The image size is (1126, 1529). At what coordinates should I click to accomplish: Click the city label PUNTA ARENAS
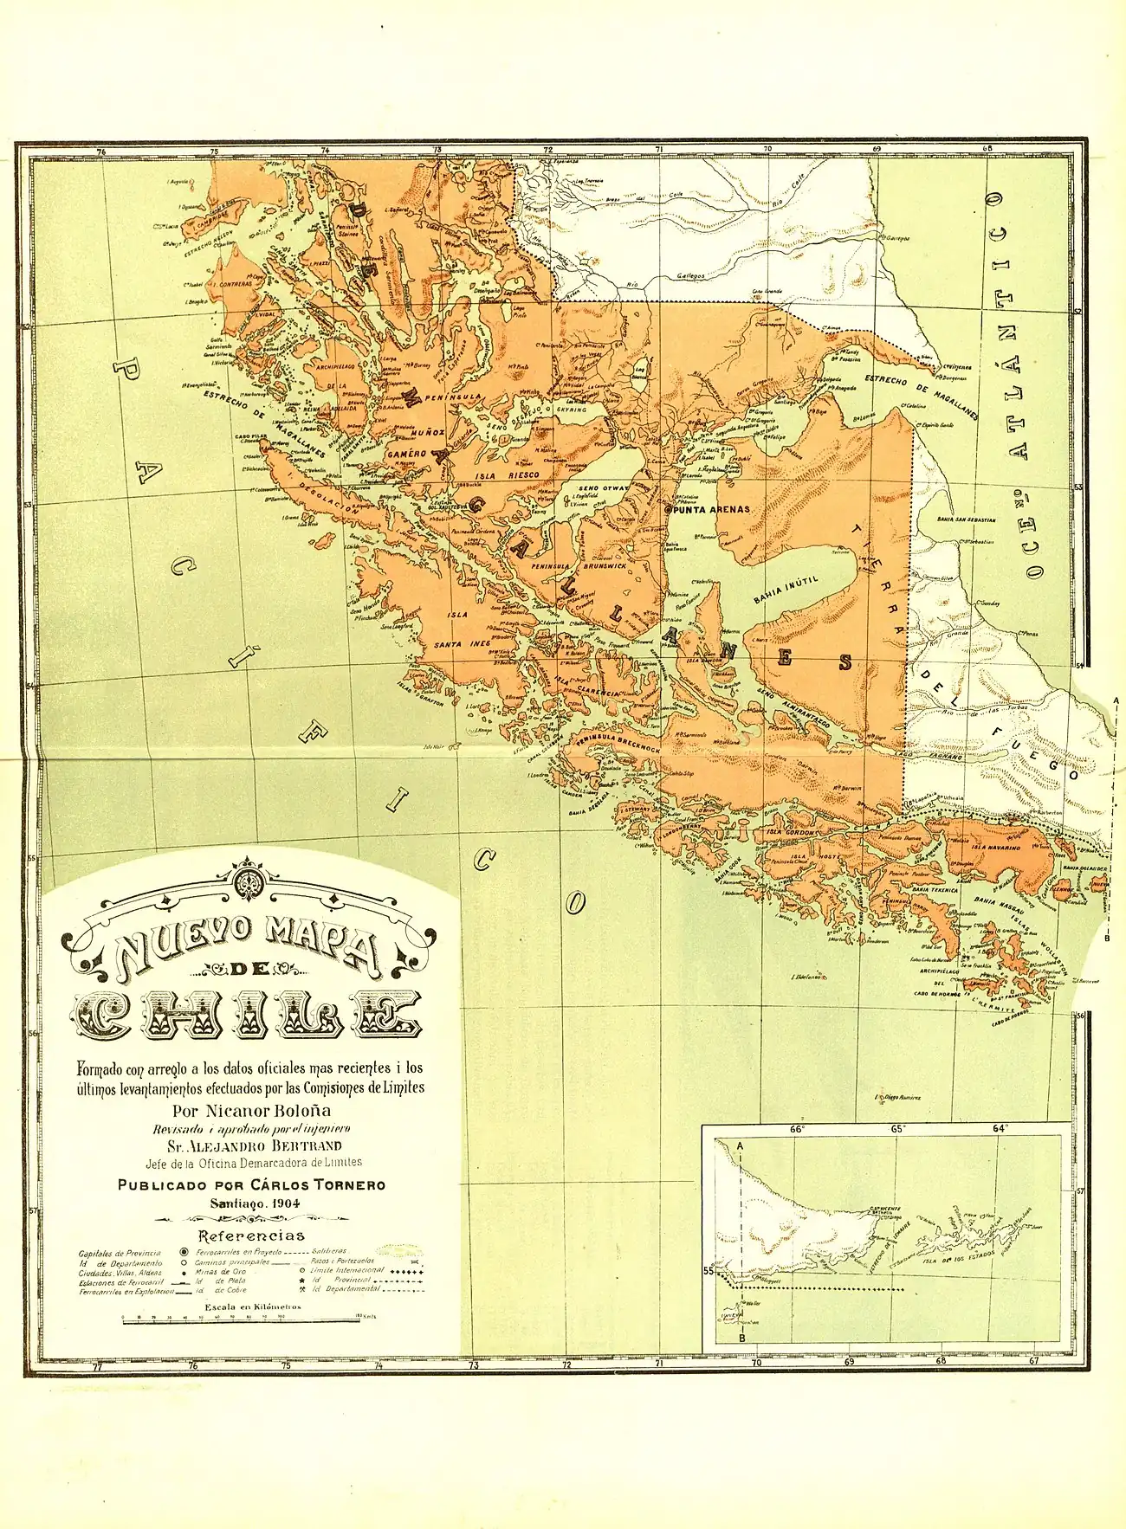(x=711, y=509)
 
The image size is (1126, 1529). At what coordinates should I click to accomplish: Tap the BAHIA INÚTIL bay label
(x=786, y=593)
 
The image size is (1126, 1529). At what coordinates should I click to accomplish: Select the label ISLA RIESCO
(x=510, y=475)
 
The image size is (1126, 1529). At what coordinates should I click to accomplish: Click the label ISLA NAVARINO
(x=995, y=848)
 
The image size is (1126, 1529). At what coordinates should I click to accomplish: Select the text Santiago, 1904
(x=251, y=1203)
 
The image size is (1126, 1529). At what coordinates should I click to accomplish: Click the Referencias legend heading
(x=251, y=1235)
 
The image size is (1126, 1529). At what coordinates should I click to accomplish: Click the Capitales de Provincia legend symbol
(x=184, y=1252)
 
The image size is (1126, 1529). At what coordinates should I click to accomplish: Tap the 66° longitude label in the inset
(x=797, y=1128)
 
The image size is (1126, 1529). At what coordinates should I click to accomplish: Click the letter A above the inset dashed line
(x=740, y=1145)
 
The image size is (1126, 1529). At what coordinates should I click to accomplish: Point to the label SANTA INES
(x=462, y=643)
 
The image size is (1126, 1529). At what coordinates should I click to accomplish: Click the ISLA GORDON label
(x=791, y=833)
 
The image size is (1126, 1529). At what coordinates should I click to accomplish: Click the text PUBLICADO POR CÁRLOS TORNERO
(x=251, y=1184)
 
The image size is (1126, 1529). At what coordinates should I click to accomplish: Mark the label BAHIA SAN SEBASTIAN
(x=966, y=519)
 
